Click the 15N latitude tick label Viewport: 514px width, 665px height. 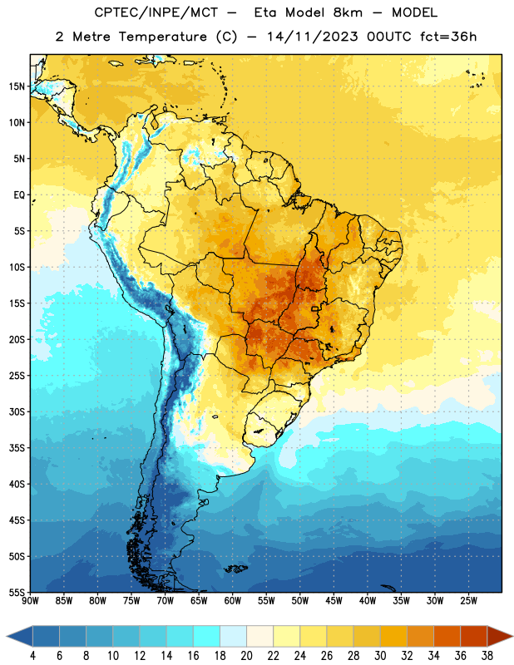[17, 86]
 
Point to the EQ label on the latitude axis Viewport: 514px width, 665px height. [19, 195]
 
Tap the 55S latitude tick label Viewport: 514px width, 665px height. [17, 592]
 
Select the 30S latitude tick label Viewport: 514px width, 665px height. [17, 411]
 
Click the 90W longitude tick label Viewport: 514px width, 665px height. [31, 601]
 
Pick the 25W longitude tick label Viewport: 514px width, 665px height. [468, 601]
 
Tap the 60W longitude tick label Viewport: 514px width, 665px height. [233, 601]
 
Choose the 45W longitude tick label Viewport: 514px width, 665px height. [334, 601]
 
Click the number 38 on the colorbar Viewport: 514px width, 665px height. [487, 656]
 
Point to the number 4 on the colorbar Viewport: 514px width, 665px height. [32, 656]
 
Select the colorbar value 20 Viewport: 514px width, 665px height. [246, 656]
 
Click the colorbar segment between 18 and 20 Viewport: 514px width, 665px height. [234, 636]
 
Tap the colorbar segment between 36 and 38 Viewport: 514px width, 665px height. [474, 636]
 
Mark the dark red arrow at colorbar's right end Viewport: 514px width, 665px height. [499, 636]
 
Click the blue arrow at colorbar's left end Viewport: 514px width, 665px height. [20, 636]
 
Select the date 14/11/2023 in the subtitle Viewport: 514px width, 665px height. [313, 37]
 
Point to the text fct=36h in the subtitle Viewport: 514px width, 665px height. [448, 37]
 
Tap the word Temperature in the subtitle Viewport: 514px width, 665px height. [162, 37]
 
